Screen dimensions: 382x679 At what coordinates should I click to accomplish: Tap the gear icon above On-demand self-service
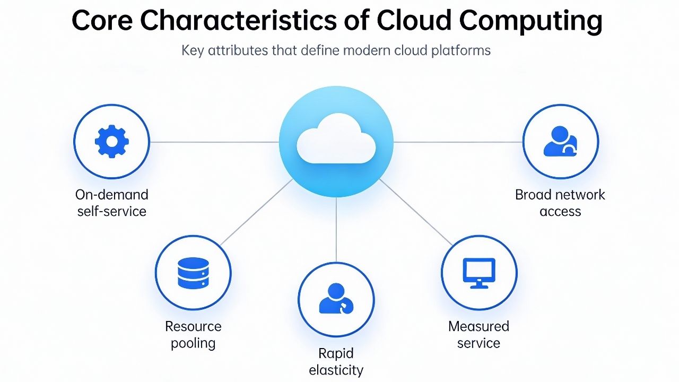tap(112, 142)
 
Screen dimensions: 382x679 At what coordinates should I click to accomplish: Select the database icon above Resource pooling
tap(193, 273)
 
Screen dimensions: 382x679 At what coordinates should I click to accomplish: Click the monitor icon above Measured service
tap(479, 273)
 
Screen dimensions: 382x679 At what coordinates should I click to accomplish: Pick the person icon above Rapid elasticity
tap(336, 299)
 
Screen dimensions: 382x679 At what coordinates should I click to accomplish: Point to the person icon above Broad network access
tap(560, 142)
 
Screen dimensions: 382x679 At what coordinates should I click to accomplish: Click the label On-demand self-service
tap(112, 203)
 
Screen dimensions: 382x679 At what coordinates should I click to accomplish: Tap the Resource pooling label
tap(193, 334)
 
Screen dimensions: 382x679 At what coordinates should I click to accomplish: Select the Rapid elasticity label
tap(336, 361)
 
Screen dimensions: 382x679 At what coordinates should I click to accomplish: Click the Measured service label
tap(478, 334)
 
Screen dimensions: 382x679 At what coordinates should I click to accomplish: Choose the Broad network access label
tap(560, 203)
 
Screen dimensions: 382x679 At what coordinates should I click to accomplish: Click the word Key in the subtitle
tap(192, 51)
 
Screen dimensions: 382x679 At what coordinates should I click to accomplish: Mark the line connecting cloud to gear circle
tap(214, 142)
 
